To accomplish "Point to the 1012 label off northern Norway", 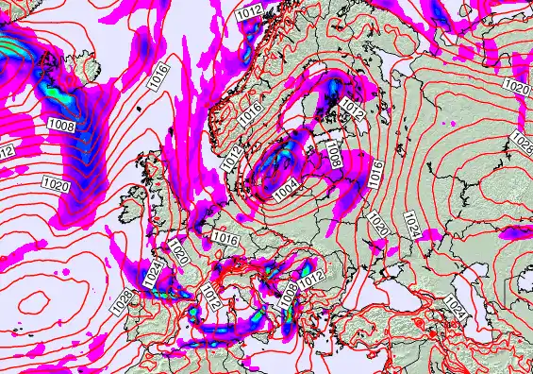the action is coord(249,10).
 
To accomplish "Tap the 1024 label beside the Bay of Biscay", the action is coord(153,275).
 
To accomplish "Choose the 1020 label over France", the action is coord(179,253).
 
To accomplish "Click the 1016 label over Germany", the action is coord(225,238).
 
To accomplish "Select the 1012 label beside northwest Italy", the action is coord(210,300).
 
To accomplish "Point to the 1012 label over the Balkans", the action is coord(311,276).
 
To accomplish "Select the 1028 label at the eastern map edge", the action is coord(521,141).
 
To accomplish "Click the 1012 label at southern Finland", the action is coord(353,107).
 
